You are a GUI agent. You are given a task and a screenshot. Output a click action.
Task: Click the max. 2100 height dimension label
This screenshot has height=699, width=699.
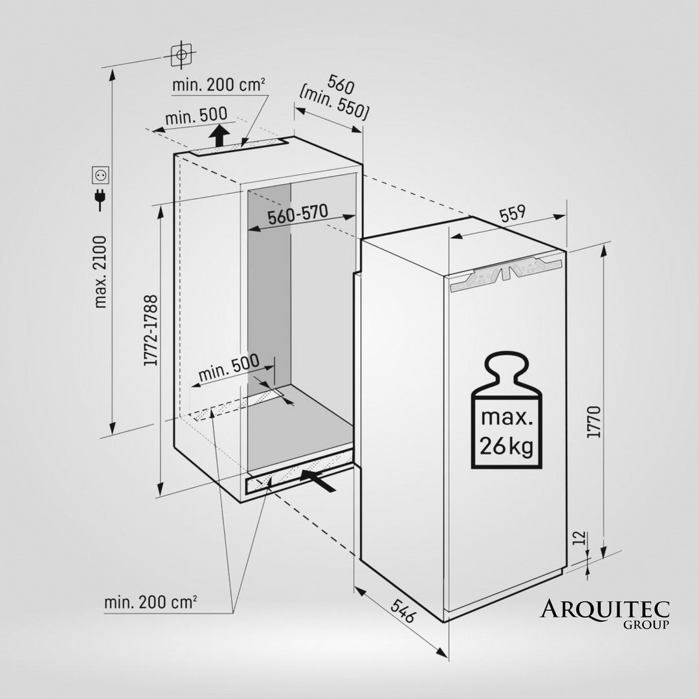[x=100, y=272]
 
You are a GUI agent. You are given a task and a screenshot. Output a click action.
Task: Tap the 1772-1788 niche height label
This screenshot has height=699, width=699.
[x=151, y=331]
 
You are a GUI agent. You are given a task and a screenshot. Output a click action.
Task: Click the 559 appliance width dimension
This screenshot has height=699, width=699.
[x=513, y=214]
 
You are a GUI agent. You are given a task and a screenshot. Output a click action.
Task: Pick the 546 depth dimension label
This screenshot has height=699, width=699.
[x=402, y=611]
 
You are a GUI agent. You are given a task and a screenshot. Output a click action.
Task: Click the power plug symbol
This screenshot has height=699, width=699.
[x=100, y=199]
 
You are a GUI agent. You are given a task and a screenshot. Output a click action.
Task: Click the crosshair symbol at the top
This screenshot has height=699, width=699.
[x=182, y=55]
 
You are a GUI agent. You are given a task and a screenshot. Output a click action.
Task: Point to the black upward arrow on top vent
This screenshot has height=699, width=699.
[x=221, y=136]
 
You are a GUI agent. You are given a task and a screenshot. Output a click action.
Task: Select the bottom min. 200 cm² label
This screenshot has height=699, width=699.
[x=151, y=603]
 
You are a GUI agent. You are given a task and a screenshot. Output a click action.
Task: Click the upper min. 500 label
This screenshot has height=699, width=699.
[x=196, y=116]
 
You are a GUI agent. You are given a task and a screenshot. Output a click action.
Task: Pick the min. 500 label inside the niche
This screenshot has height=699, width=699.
[x=228, y=368]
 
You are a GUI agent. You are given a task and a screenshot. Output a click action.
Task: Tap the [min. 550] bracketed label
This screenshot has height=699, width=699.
[x=335, y=103]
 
